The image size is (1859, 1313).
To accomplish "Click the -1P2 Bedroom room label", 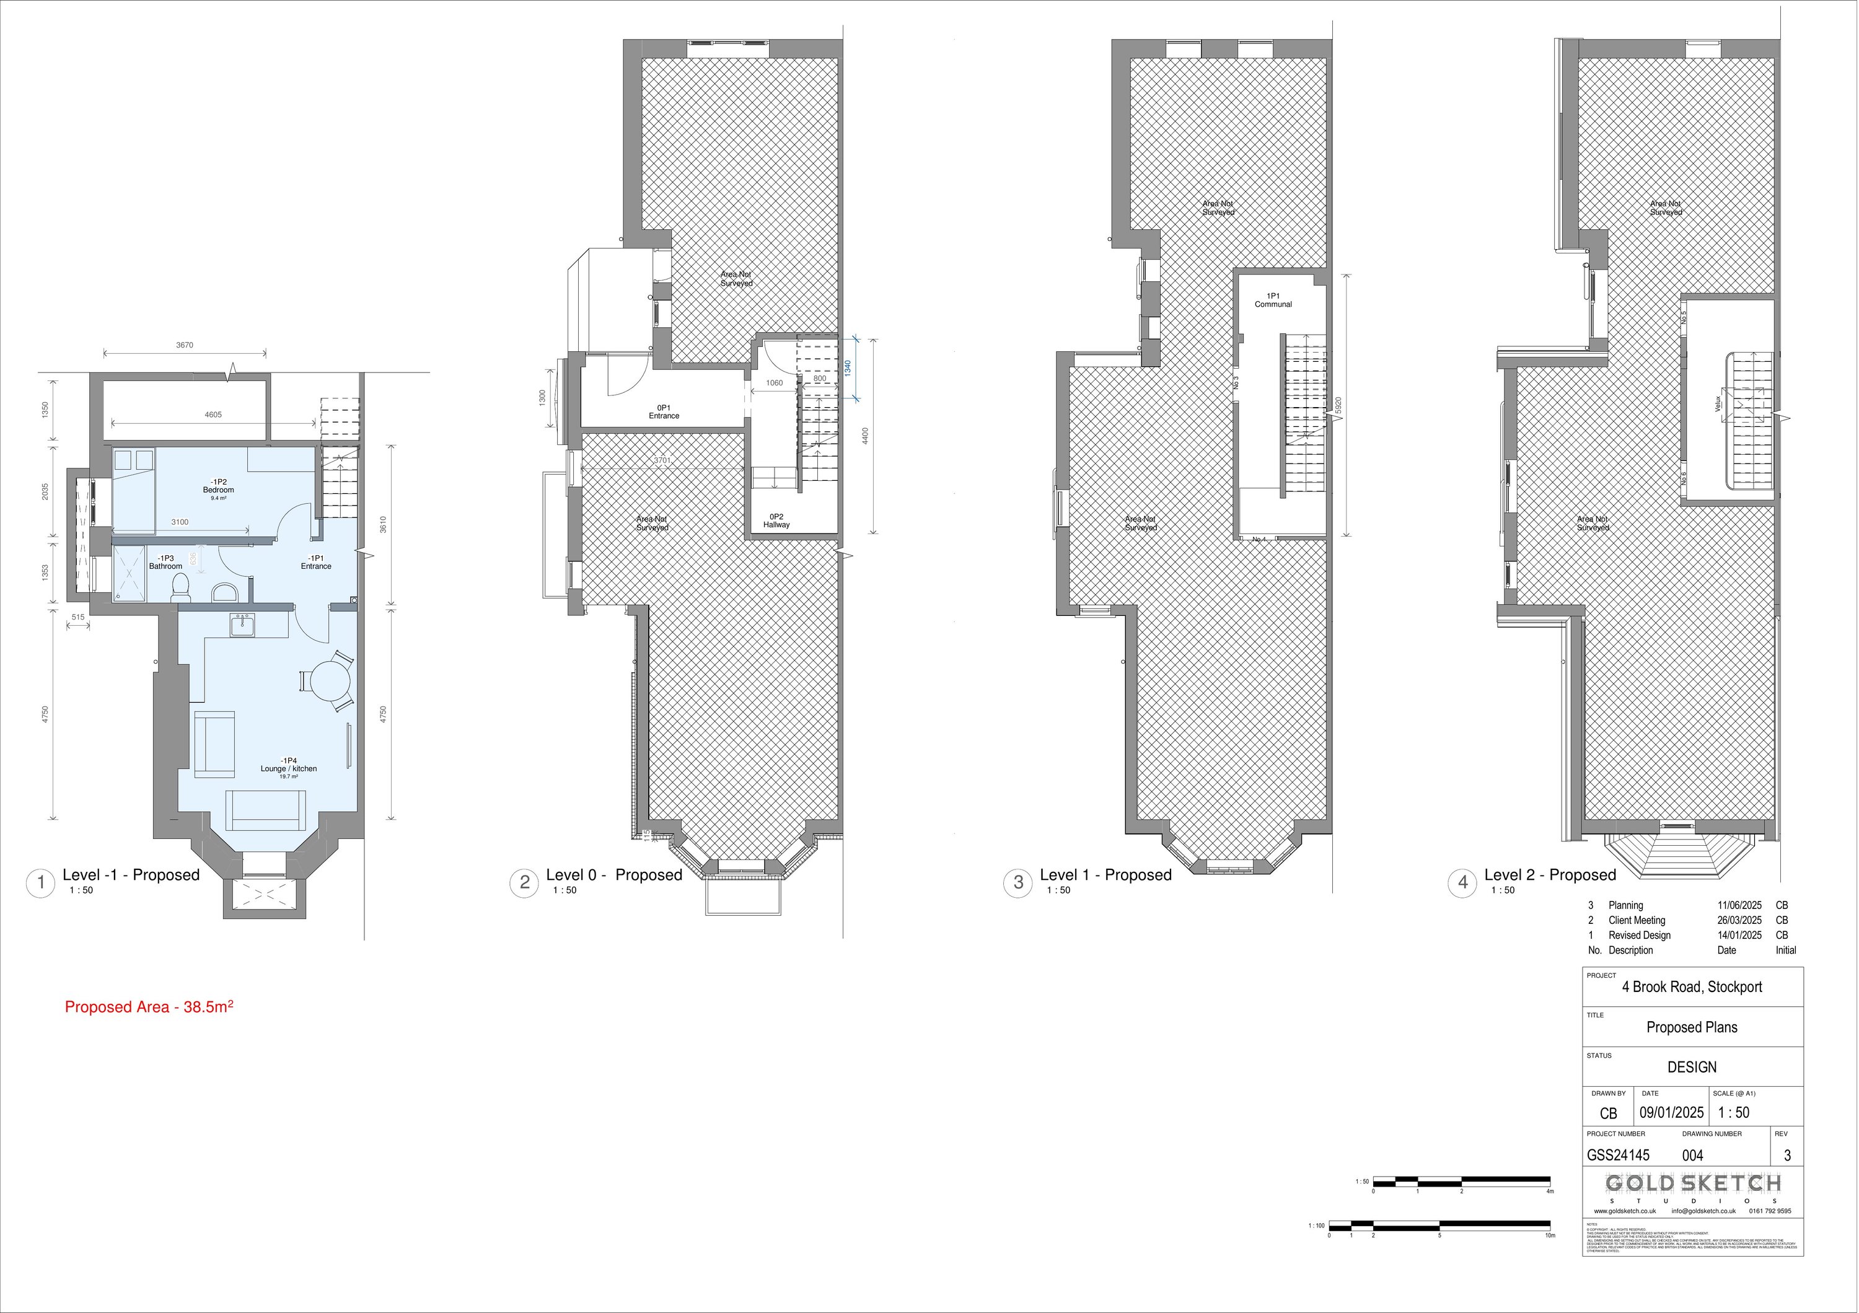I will (x=219, y=486).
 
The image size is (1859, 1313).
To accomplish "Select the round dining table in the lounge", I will (x=327, y=682).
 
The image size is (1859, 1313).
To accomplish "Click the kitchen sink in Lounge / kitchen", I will (x=241, y=625).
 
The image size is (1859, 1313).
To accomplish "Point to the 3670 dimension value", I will (x=185, y=345).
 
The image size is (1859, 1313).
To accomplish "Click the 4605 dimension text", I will (x=213, y=415).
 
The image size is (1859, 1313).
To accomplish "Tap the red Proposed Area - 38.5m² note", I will (x=149, y=1007).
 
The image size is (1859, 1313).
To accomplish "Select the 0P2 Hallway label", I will (x=776, y=520).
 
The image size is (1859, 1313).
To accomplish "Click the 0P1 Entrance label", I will (x=664, y=412).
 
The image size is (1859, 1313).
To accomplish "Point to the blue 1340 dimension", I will (x=848, y=368).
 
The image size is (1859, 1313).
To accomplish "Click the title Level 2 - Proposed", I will (x=1550, y=875).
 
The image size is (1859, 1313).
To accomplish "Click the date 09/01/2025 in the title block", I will (x=1672, y=1113).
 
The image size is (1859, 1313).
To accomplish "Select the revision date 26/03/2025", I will (x=1739, y=920).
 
